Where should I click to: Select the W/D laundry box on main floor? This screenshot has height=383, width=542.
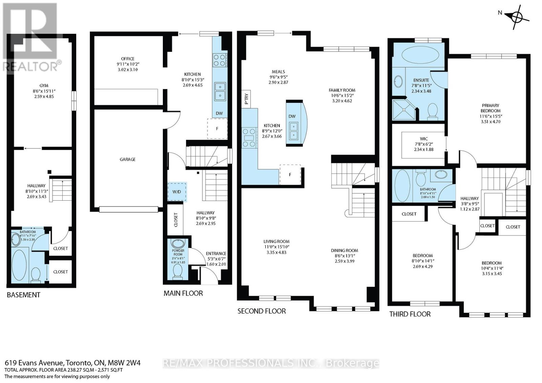[x=177, y=192]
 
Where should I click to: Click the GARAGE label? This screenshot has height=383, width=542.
[x=127, y=159]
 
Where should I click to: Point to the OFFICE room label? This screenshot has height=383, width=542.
[x=128, y=59]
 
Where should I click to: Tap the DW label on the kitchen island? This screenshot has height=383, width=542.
[x=292, y=116]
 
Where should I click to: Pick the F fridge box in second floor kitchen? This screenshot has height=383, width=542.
[x=290, y=175]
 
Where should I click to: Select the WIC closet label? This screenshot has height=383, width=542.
[x=423, y=139]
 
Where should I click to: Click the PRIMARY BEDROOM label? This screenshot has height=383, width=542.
[x=490, y=108]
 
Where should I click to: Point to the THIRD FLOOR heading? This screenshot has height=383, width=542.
[x=410, y=314]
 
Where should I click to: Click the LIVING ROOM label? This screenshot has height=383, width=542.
[x=276, y=242]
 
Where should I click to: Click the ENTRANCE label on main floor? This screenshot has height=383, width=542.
[x=216, y=253]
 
